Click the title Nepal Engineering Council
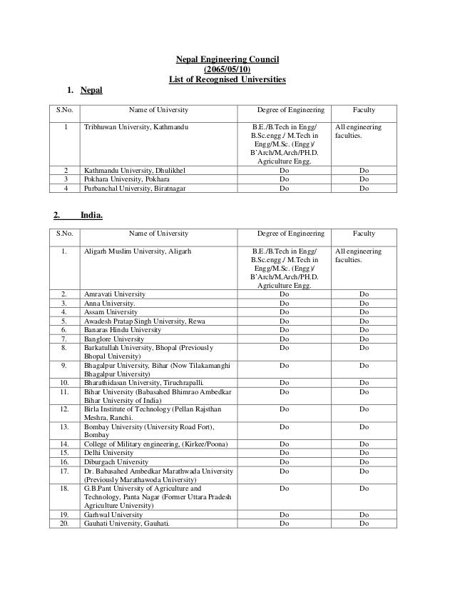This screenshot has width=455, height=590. (227, 59)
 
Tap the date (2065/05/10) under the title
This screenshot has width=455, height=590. (227, 69)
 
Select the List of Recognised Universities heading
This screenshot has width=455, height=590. (227, 79)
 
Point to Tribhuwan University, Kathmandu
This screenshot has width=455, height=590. (136, 127)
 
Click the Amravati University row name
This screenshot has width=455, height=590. (115, 294)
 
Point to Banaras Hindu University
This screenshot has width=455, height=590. (122, 331)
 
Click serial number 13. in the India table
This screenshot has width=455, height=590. (65, 427)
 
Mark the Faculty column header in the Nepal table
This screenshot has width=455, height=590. (364, 110)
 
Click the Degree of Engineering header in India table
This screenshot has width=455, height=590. (290, 234)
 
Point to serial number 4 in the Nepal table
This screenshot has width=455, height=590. (65, 189)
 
